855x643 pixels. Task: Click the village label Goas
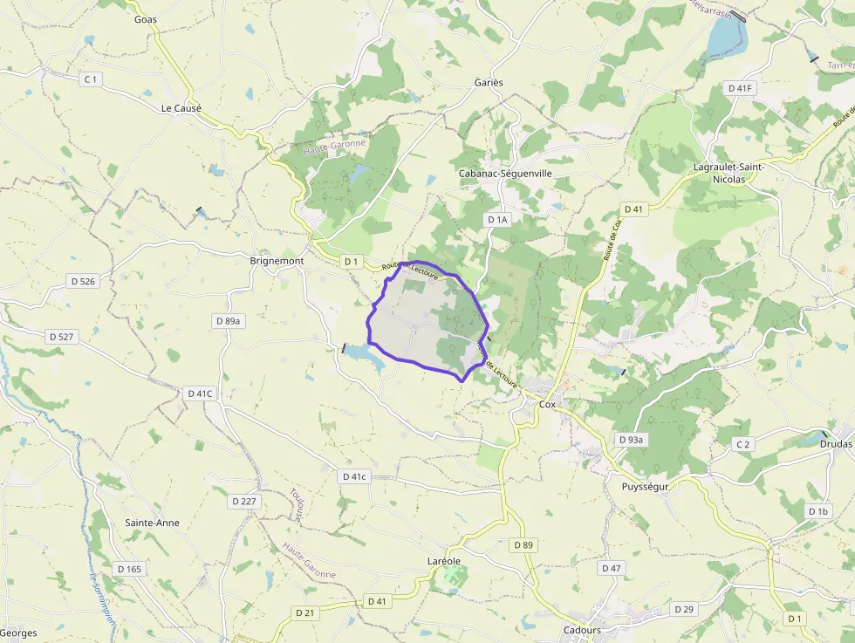(146, 19)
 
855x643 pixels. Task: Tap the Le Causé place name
(181, 108)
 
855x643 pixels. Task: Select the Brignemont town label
(277, 261)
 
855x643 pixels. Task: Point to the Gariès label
(489, 82)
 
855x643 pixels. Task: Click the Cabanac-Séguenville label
(506, 174)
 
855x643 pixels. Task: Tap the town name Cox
(547, 405)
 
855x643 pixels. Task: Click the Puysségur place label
(645, 486)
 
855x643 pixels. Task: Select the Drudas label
(836, 444)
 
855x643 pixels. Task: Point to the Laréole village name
(443, 560)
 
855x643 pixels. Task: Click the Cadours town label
(582, 630)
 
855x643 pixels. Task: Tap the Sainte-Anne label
(152, 523)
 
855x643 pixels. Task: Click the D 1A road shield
(497, 220)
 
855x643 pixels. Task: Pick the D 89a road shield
(227, 321)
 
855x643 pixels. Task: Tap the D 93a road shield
(630, 440)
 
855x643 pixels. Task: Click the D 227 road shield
(244, 502)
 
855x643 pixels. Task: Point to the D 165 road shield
(128, 569)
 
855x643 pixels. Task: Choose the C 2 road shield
(742, 445)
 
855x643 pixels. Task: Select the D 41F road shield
(741, 88)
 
